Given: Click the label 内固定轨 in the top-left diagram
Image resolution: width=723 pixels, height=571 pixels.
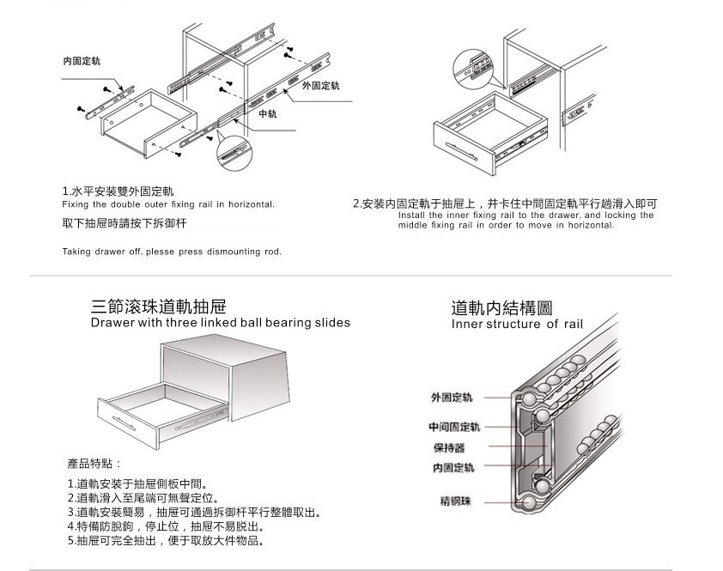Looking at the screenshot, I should (82, 62).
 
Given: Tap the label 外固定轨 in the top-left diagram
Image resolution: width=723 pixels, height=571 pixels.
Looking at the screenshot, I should (320, 86).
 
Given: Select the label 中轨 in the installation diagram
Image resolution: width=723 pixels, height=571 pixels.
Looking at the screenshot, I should (267, 113).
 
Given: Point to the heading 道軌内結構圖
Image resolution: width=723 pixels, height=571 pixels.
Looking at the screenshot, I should (501, 308).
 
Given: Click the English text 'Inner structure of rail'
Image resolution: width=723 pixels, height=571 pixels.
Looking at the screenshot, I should (516, 325).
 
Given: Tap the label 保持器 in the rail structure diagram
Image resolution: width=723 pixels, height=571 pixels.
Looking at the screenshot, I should (448, 447).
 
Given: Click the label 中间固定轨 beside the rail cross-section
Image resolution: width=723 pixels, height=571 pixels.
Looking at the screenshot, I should (454, 427).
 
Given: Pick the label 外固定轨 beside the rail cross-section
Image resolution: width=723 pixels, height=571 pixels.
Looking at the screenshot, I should (452, 398).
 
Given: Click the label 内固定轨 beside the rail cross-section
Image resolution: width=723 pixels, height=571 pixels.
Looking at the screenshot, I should (453, 468).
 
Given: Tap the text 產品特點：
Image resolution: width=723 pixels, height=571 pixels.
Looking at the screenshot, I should (94, 463).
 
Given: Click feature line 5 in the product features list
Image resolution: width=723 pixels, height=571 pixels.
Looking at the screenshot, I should (165, 541).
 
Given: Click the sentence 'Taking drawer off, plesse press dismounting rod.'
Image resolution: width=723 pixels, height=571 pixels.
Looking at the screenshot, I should (172, 252).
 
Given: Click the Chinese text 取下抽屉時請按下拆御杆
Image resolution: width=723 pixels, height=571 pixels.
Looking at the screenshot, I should (125, 223).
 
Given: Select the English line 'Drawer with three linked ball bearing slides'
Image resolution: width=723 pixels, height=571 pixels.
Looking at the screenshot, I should (221, 323).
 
